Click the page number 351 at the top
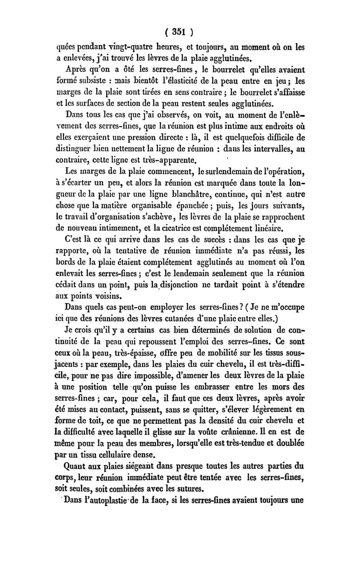pyautogui.click(x=180, y=32)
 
